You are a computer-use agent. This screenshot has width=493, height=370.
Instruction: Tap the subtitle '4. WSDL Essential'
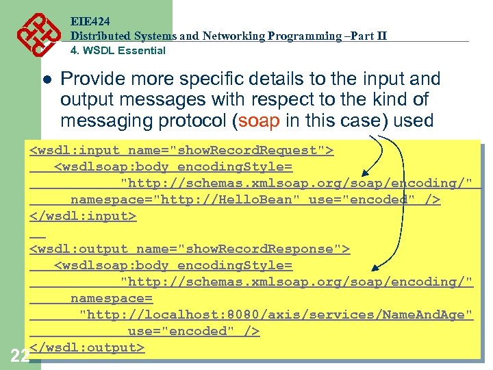point(118,50)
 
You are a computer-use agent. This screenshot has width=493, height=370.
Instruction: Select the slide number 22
point(19,355)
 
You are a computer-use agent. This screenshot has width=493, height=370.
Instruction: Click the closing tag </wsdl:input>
point(83,216)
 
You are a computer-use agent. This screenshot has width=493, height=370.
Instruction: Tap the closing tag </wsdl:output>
point(87,347)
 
